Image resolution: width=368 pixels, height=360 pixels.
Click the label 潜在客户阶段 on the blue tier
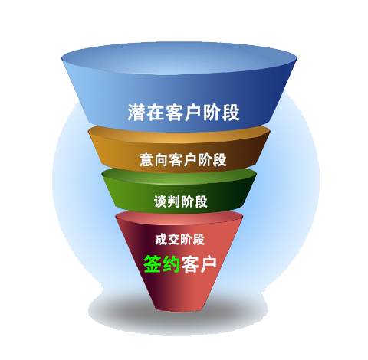(x=183, y=112)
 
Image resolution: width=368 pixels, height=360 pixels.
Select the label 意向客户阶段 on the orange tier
(x=183, y=160)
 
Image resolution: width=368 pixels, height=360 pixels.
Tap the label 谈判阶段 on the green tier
(x=181, y=201)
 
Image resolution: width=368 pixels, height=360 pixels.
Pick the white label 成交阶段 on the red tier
(x=180, y=240)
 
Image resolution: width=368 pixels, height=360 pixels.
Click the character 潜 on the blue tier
(x=136, y=112)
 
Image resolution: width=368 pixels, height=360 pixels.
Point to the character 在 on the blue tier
(x=156, y=112)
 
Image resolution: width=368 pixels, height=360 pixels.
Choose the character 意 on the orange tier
(x=146, y=160)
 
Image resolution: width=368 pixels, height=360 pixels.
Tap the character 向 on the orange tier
(x=161, y=160)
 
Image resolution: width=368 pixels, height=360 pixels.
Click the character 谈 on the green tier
(x=160, y=201)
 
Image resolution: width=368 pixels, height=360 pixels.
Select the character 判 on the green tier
(x=174, y=201)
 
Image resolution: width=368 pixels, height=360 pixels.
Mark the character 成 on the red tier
(x=161, y=240)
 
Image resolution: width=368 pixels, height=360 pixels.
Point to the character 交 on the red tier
(x=174, y=240)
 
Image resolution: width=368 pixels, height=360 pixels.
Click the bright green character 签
(x=153, y=263)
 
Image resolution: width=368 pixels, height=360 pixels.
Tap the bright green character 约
(x=171, y=263)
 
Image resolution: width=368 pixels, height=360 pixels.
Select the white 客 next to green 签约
(x=190, y=263)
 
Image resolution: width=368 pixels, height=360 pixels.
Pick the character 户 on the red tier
(x=208, y=263)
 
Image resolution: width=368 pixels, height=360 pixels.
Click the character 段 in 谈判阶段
(x=201, y=201)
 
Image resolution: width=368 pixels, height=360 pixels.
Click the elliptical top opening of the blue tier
(x=179, y=59)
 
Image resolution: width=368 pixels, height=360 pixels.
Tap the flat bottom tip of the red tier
(x=179, y=309)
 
